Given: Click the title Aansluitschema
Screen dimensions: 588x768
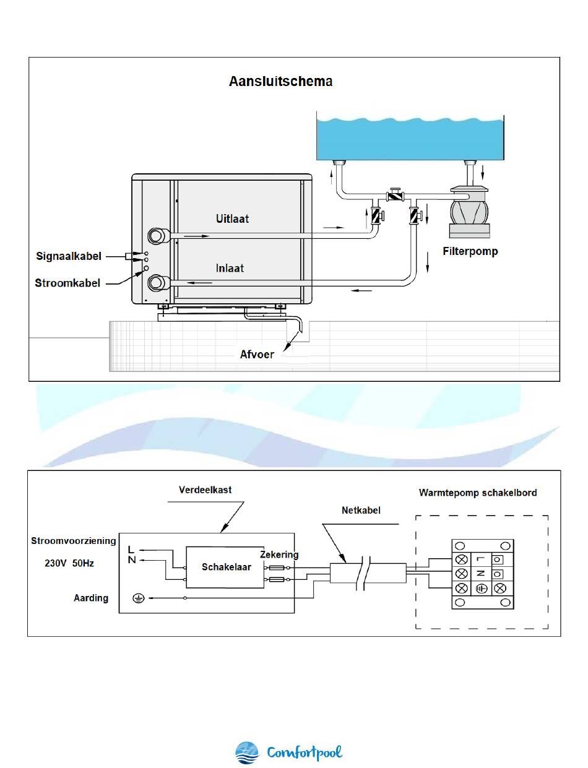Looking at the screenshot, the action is (280, 81).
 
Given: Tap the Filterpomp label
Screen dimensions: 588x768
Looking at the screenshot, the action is (470, 251).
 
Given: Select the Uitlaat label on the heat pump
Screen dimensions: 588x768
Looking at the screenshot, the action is (232, 219).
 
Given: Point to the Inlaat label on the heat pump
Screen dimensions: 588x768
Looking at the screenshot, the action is (230, 268).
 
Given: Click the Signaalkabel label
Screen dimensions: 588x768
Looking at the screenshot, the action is (69, 256).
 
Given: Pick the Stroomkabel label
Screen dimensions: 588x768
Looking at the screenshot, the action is (67, 283).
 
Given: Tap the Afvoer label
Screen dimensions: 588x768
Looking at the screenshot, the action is (256, 355).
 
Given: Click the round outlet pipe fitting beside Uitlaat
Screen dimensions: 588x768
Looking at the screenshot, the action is (156, 236).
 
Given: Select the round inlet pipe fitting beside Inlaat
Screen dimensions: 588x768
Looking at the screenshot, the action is (156, 283).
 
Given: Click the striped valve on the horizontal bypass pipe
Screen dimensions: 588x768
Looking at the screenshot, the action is (396, 195).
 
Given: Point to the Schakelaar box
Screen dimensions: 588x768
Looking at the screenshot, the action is (225, 567).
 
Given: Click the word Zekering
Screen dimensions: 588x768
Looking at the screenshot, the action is (279, 554).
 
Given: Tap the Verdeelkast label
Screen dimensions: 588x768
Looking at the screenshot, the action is (205, 490).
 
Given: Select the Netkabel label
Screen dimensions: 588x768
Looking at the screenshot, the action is (361, 511).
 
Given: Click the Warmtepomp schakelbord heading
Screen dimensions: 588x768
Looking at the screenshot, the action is (478, 493).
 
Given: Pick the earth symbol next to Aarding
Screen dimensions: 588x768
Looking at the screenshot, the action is (139, 598).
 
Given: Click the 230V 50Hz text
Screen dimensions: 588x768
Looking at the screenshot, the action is (69, 563).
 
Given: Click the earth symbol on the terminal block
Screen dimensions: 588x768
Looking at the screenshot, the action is (482, 589).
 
